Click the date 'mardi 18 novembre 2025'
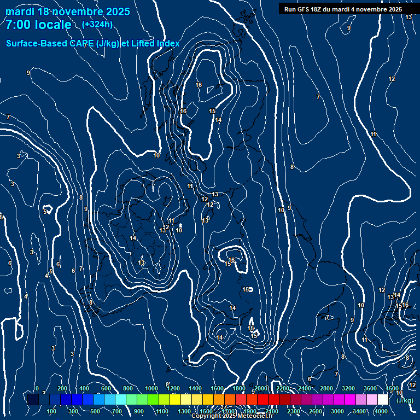tap(68, 11)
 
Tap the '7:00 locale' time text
tap(38, 25)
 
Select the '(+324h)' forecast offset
tap(97, 24)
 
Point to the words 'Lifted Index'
tap(156, 43)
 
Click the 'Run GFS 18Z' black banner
tap(343, 9)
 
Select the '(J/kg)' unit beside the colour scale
tap(405, 400)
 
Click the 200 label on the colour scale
tap(62, 388)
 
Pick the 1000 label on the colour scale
tap(151, 388)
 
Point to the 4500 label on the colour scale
tap(392, 388)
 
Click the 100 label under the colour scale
tap(51, 411)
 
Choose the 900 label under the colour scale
tap(139, 411)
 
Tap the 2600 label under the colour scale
tap(316, 411)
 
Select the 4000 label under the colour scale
tap(381, 411)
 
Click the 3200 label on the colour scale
tap(348, 388)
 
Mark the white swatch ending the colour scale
tap(383, 400)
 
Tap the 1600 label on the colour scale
tap(217, 388)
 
